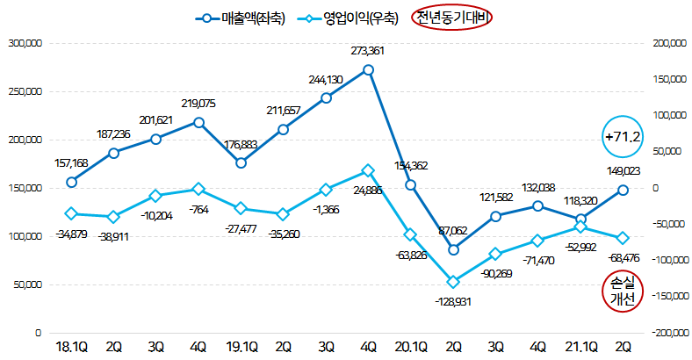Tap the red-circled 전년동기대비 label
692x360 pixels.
(x=454, y=18)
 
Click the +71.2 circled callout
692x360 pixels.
(x=623, y=136)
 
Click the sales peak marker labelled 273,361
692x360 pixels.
(x=369, y=69)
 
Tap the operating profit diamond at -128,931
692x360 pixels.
(x=453, y=282)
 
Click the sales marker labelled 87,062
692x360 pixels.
(x=453, y=249)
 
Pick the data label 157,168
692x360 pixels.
(x=71, y=163)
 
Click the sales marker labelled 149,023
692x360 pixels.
(x=623, y=190)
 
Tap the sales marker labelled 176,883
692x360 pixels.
(x=241, y=162)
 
